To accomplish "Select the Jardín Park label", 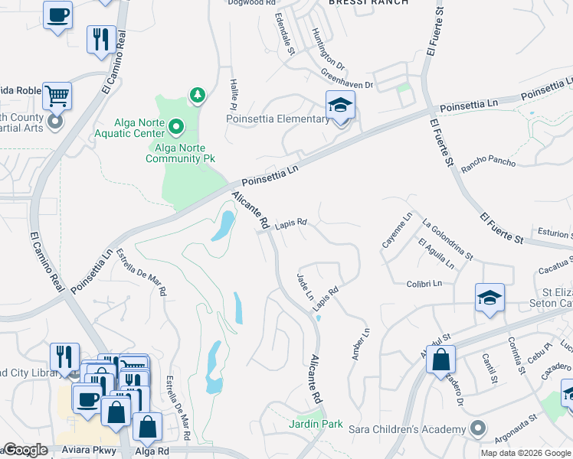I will pos(315,423).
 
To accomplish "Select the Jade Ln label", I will pos(304,285).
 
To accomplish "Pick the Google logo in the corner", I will pos(25,450).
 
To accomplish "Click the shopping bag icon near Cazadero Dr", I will pos(441,359).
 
